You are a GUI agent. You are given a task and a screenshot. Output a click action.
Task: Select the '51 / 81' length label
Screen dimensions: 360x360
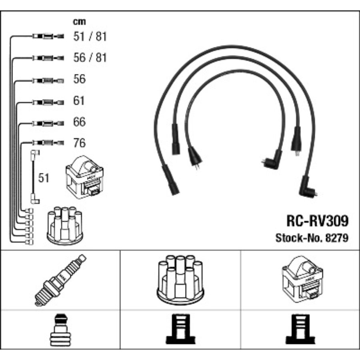(90, 37)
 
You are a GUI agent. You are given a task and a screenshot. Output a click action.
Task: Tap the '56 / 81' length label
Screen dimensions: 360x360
(90, 58)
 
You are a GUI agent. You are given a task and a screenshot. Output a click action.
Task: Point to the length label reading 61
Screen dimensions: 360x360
(79, 101)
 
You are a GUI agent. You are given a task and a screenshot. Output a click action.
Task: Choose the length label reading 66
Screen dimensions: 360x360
(79, 122)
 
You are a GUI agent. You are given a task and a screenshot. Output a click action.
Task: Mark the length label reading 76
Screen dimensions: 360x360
(79, 143)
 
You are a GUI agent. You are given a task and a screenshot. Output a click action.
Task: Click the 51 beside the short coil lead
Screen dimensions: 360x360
(44, 178)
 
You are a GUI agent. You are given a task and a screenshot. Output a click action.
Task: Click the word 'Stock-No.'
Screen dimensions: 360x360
(300, 238)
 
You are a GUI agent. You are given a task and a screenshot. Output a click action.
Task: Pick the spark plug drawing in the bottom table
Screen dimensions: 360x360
(60, 280)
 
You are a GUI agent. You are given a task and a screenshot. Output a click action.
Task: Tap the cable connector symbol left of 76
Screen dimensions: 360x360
(47, 143)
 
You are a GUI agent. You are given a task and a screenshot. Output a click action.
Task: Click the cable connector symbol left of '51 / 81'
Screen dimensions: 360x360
(47, 37)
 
